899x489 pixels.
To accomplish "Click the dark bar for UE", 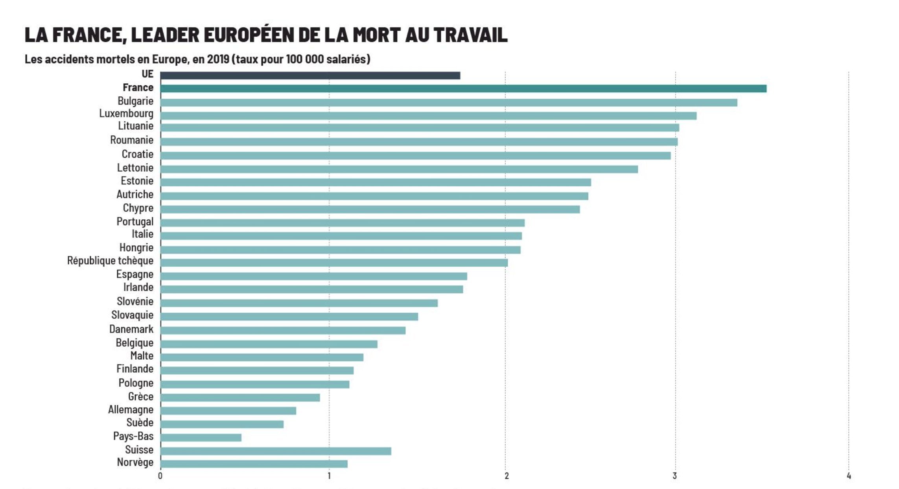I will click(310, 75).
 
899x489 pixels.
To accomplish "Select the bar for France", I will click(463, 88).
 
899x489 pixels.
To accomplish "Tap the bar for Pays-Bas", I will click(201, 438).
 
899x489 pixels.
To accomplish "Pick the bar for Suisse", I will click(275, 451).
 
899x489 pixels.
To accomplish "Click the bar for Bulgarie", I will click(448, 103).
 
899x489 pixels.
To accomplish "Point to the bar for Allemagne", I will click(228, 411).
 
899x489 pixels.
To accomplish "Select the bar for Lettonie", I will click(399, 169).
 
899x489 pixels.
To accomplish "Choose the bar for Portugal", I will click(342, 223).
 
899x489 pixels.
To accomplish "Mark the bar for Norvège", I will click(254, 464).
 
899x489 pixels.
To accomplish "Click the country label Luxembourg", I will click(126, 114).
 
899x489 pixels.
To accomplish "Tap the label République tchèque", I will click(110, 261).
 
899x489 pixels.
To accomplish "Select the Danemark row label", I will click(131, 329).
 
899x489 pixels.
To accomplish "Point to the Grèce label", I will click(141, 396).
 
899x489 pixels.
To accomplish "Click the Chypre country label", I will click(138, 208).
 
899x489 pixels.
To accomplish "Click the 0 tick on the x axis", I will click(160, 476).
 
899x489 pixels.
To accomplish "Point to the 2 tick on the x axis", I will click(506, 476).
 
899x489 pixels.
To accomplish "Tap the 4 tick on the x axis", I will click(849, 476).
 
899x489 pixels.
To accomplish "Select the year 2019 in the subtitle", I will click(218, 59).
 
